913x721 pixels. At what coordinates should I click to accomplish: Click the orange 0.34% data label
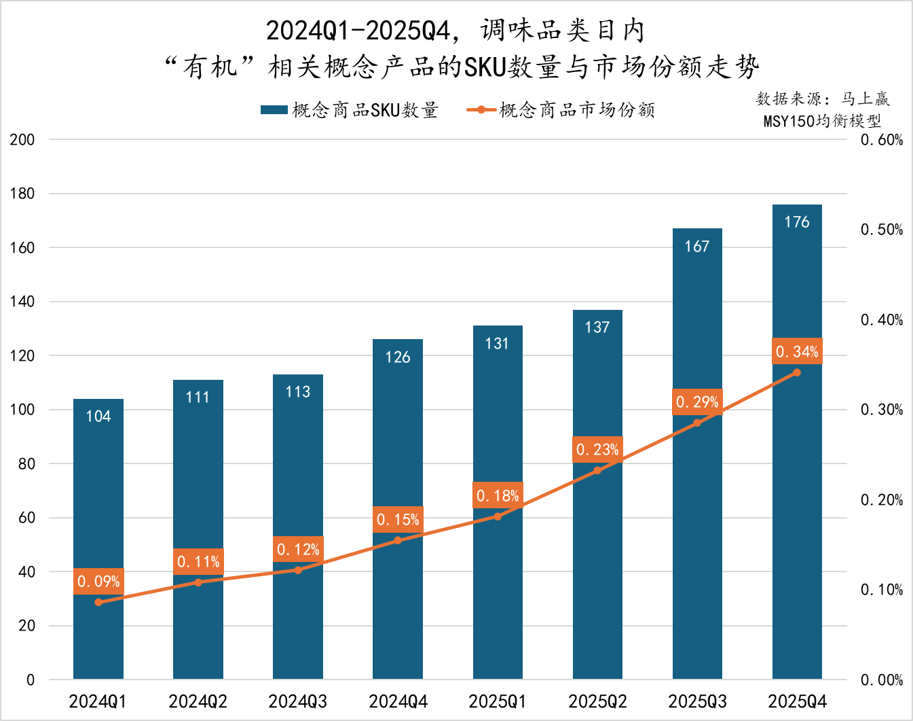[797, 351]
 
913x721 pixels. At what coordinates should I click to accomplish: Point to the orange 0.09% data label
[98, 581]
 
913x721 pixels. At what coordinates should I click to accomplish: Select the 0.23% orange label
[597, 449]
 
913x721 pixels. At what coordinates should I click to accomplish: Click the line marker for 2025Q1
[498, 516]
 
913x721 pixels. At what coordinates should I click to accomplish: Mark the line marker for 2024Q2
[198, 582]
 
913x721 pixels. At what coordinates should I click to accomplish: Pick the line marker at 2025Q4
[797, 372]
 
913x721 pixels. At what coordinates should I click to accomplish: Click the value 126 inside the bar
[398, 357]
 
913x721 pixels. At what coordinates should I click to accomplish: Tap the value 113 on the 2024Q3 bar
[298, 391]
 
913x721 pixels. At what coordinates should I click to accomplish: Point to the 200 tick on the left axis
[22, 139]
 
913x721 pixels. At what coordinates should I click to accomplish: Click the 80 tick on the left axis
[26, 463]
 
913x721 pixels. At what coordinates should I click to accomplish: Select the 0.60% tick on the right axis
[882, 139]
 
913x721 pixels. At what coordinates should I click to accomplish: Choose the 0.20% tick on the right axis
[882, 499]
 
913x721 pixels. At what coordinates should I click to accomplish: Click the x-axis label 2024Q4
[398, 701]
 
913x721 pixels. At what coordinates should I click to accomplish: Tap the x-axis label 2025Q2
[597, 701]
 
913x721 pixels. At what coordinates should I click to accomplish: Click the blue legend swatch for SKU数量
[274, 110]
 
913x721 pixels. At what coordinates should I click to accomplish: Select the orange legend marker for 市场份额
[481, 110]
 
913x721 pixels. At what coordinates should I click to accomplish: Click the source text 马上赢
[865, 99]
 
